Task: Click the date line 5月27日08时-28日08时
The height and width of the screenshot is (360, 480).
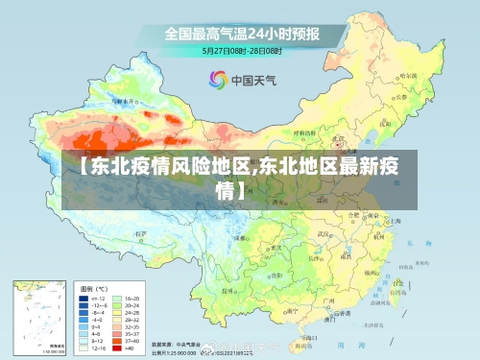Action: pyautogui.click(x=242, y=50)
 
